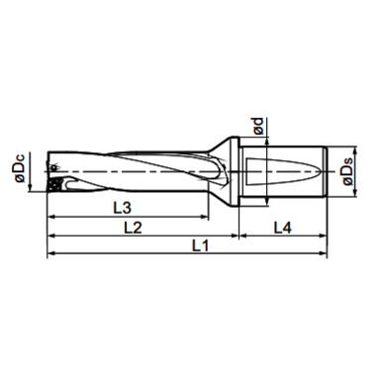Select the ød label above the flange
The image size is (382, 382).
[x=256, y=125]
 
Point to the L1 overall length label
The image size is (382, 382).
[x=199, y=245]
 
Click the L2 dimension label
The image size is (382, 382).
[x=132, y=227]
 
